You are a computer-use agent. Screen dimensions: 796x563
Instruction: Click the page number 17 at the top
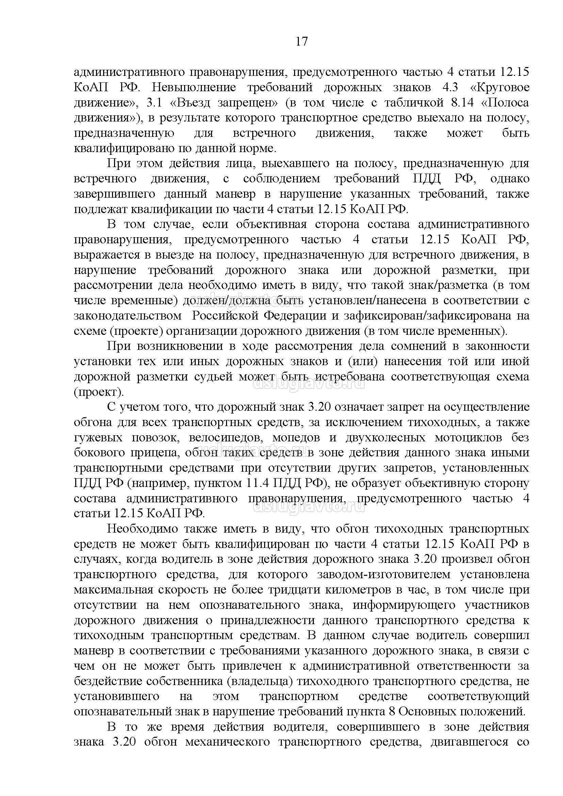(x=302, y=41)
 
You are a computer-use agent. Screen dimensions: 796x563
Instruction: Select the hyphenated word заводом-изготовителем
(x=384, y=574)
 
